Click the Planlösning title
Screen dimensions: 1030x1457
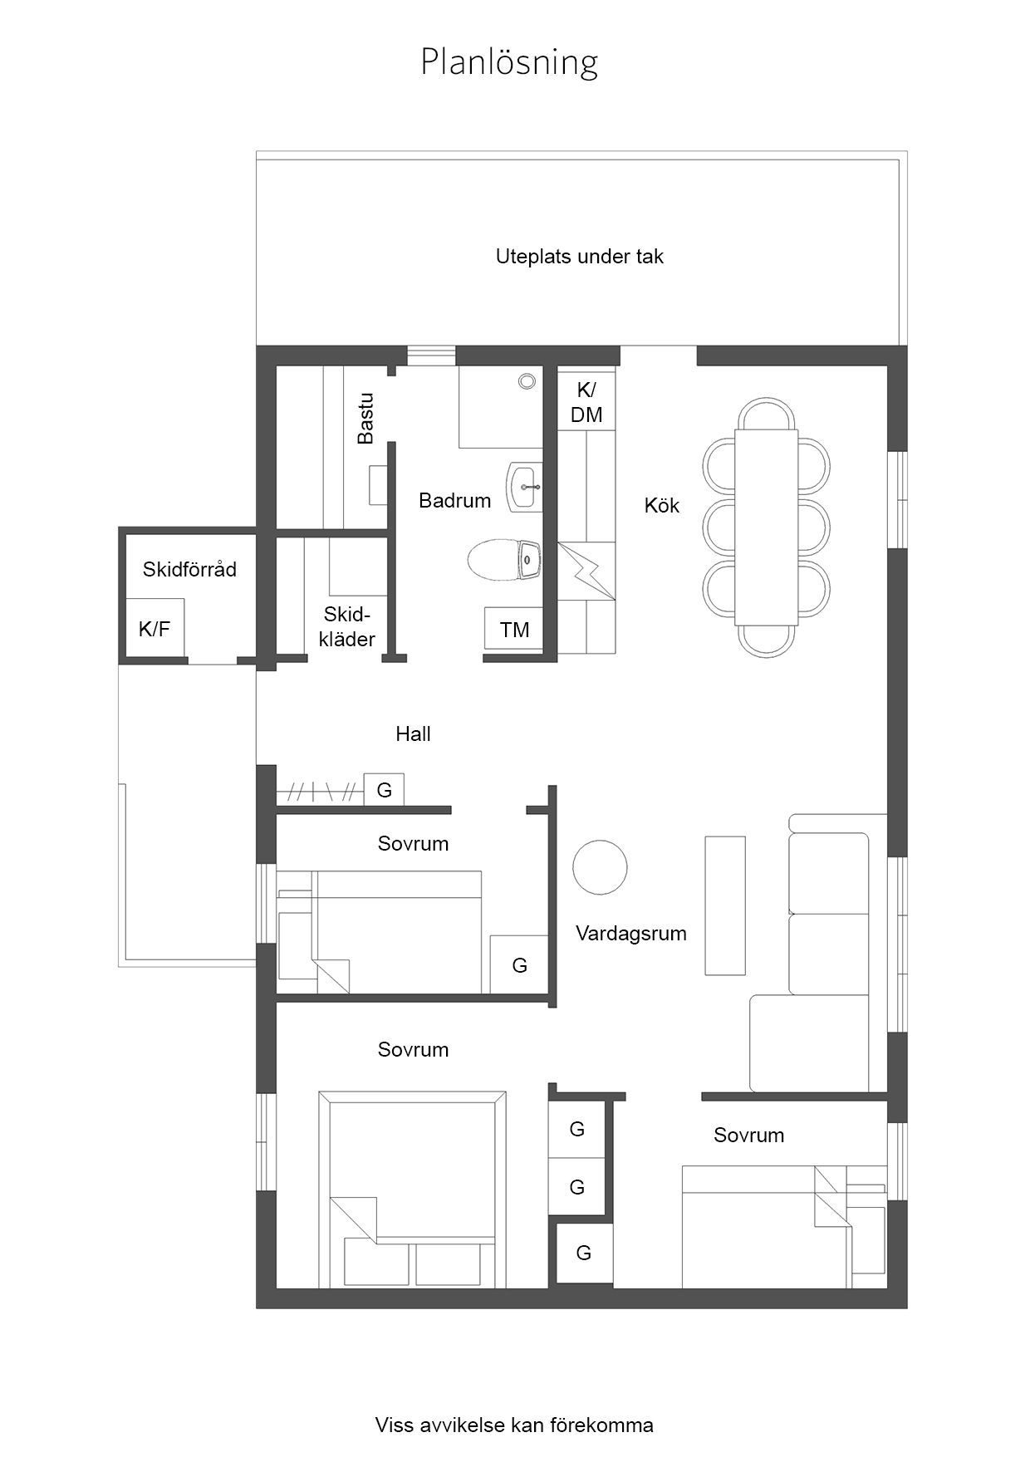coord(508,62)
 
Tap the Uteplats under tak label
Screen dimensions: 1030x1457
coord(579,257)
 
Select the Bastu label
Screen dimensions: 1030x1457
coord(365,418)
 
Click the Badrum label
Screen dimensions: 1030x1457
coord(454,500)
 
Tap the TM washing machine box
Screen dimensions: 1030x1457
coord(514,630)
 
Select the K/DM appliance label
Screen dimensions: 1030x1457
coord(586,403)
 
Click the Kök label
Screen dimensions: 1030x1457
coord(662,505)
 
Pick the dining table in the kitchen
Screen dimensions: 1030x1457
coord(766,527)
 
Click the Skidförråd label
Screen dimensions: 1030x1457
coord(189,569)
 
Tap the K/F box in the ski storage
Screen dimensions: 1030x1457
coord(154,628)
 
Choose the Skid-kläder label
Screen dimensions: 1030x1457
coord(346,626)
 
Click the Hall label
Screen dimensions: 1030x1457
coord(413,733)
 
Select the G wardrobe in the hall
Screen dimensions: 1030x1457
coord(384,789)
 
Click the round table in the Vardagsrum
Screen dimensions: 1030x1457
coord(600,867)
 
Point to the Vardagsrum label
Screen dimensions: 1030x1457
coord(631,933)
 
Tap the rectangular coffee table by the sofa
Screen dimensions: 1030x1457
coord(725,905)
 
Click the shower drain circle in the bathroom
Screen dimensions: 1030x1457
coord(527,381)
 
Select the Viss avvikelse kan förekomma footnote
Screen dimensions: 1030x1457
coord(514,1425)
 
